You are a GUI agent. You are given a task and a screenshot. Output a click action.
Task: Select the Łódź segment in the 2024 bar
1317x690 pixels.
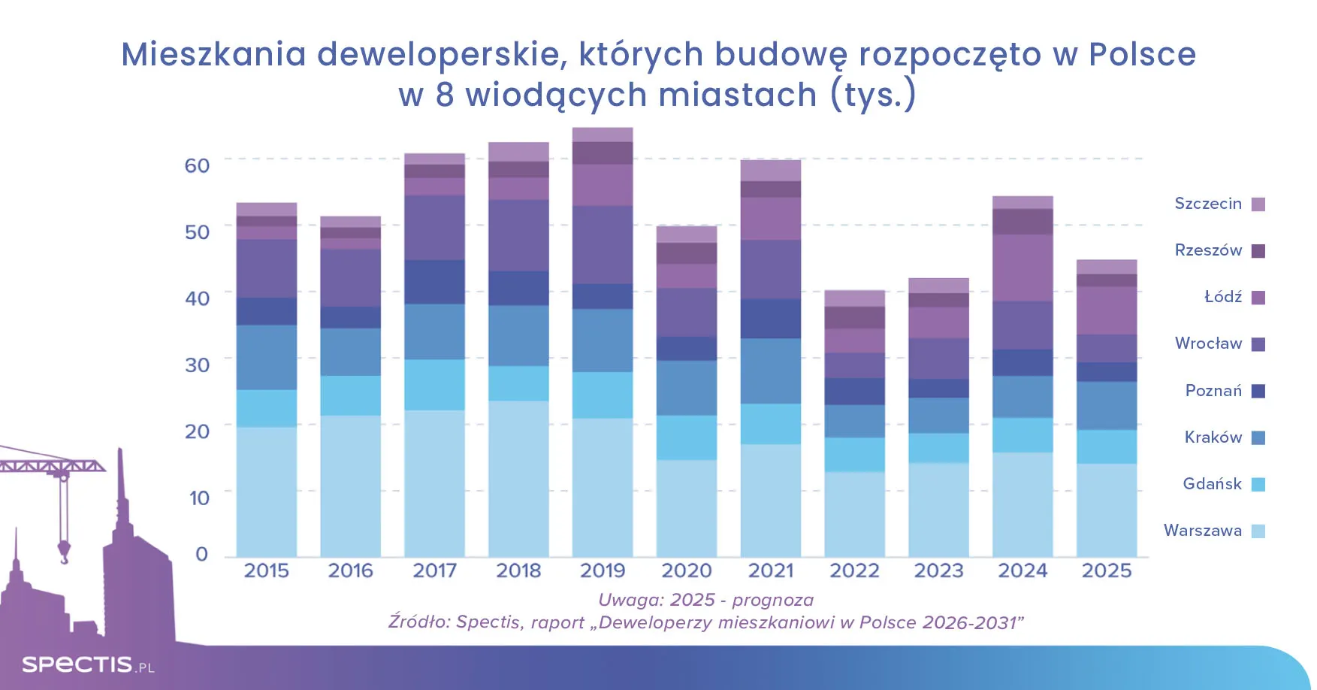(x=1022, y=268)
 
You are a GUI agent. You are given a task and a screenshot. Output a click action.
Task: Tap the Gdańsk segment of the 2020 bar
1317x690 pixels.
(x=687, y=437)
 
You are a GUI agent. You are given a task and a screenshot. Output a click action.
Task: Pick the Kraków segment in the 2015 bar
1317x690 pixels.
(x=267, y=357)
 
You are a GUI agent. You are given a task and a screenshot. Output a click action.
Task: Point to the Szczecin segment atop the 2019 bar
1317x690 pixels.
(x=603, y=135)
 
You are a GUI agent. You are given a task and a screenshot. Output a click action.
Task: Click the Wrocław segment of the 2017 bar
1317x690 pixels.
(x=434, y=228)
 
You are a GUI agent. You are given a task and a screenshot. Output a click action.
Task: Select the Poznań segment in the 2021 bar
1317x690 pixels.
(x=771, y=319)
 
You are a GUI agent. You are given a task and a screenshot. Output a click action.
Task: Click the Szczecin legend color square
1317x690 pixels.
(x=1258, y=204)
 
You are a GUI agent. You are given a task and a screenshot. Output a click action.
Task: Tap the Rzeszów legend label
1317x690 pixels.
(x=1208, y=250)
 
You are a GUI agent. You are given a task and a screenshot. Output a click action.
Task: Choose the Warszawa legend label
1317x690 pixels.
(x=1202, y=531)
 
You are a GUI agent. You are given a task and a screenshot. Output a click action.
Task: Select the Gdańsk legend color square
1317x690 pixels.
(x=1258, y=485)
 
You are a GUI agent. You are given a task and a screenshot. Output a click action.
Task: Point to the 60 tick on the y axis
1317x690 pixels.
(x=197, y=165)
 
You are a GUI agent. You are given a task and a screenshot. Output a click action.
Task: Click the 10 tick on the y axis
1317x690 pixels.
(x=199, y=498)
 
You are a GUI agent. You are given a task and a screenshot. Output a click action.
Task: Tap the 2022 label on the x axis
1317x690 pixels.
(x=854, y=571)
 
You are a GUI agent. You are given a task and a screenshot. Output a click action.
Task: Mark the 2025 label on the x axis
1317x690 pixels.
(x=1107, y=571)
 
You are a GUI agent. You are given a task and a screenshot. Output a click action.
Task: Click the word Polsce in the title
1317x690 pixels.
(x=1142, y=54)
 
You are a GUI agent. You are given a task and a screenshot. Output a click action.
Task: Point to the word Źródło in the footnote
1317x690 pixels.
(x=416, y=622)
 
